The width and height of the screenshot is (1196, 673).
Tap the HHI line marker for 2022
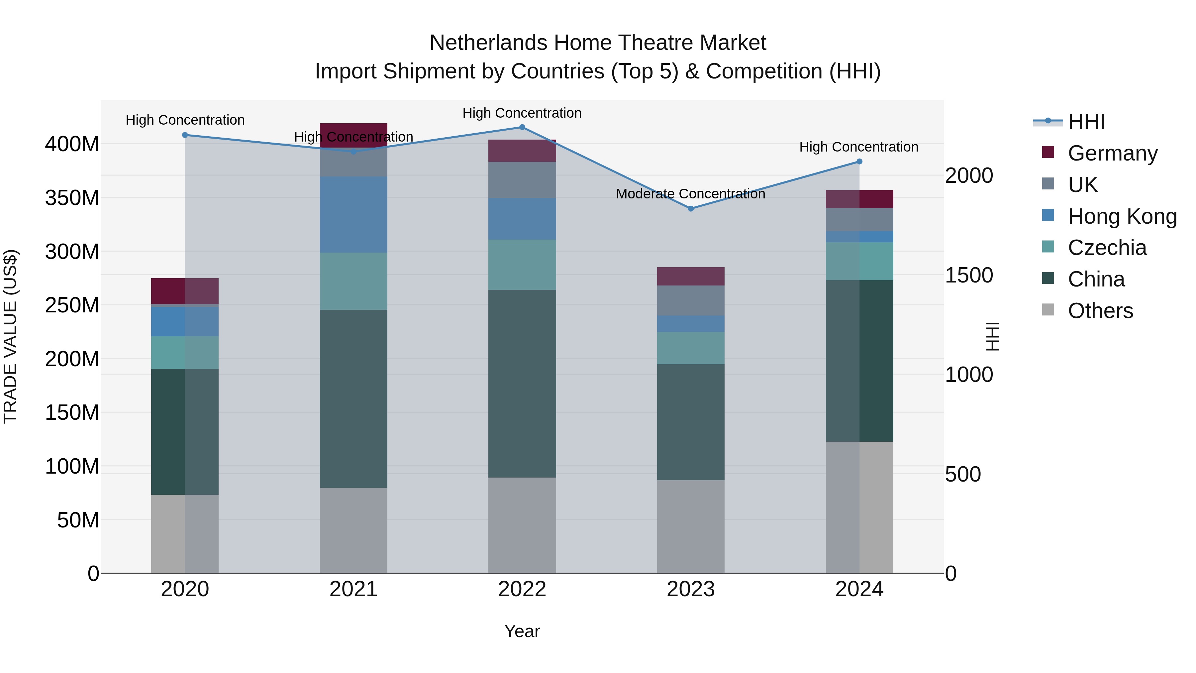522,127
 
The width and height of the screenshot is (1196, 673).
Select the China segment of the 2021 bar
353,398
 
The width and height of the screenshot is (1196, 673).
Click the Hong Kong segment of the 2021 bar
353,215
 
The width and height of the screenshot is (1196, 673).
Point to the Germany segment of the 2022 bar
522,151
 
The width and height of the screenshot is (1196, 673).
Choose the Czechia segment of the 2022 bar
522,265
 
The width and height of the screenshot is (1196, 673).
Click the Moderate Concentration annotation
690,194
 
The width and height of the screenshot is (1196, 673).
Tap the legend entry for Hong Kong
1122,216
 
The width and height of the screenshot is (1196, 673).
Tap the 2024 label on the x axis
859,589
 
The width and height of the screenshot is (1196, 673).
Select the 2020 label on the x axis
185,589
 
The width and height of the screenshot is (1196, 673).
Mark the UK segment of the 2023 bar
690,300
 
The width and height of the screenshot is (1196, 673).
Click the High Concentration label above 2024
858,147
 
